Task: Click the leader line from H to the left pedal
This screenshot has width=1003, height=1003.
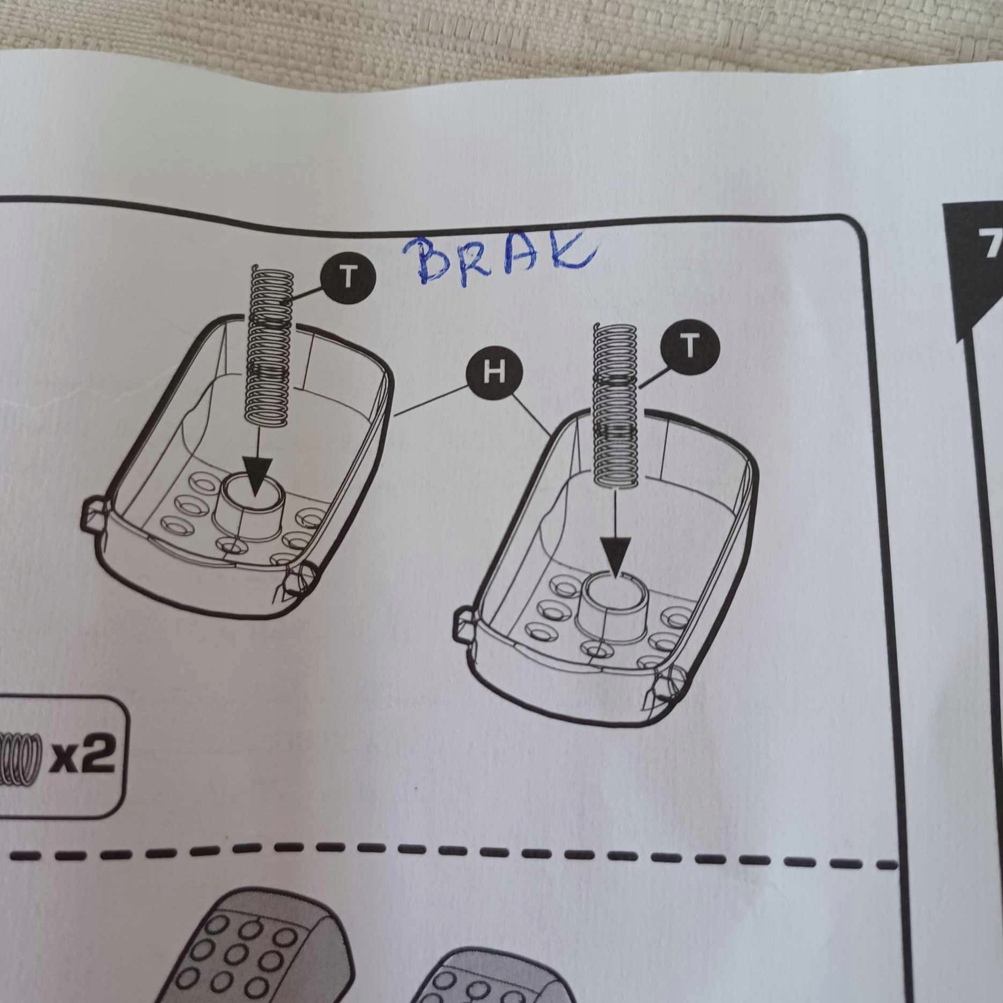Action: [431, 401]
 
